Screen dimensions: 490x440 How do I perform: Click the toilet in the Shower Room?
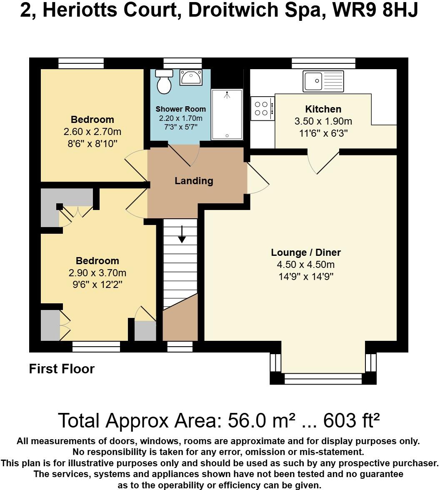[x=164, y=81]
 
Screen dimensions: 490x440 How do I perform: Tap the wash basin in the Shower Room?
[x=190, y=77]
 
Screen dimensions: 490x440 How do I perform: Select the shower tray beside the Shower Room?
[x=227, y=114]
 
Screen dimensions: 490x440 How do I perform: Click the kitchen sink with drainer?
[x=323, y=81]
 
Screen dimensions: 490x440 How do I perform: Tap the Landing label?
[x=194, y=181]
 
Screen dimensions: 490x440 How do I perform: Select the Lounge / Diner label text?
[x=306, y=252]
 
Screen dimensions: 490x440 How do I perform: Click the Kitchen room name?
[x=323, y=109]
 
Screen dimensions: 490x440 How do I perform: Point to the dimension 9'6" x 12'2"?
[x=97, y=285]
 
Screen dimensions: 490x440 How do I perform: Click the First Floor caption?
[x=62, y=369]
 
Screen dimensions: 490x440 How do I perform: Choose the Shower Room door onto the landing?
[x=184, y=155]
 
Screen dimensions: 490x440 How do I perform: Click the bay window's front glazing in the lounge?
[x=323, y=378]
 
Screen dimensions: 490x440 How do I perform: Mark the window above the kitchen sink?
[x=323, y=63]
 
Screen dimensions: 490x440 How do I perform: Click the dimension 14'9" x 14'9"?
[x=306, y=276]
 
